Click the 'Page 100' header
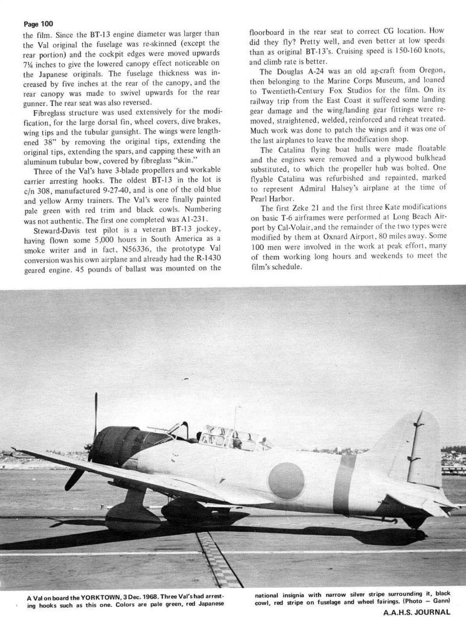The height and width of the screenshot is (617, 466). pos(38,24)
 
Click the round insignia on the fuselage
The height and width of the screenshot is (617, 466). pos(286,480)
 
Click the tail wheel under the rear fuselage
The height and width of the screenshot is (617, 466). pos(415,522)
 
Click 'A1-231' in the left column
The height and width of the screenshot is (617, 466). pos(194,219)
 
